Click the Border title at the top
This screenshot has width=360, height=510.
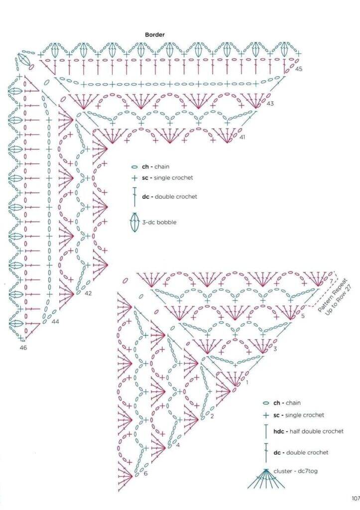(155, 34)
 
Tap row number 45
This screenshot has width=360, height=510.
(299, 69)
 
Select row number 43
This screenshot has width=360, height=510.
(270, 104)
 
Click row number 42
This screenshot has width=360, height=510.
(88, 293)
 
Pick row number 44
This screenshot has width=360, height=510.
(55, 321)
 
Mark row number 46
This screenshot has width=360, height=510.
(23, 348)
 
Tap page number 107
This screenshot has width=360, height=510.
(356, 498)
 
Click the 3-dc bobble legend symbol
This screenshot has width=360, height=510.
(134, 222)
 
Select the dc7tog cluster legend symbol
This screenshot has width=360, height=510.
(266, 479)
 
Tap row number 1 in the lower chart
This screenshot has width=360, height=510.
(247, 382)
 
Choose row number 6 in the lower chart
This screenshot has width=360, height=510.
(145, 473)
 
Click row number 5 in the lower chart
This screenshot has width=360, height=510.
(303, 316)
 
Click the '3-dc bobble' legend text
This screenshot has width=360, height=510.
(159, 223)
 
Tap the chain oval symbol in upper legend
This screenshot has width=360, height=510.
(134, 167)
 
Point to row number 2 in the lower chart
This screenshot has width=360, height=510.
(212, 416)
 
